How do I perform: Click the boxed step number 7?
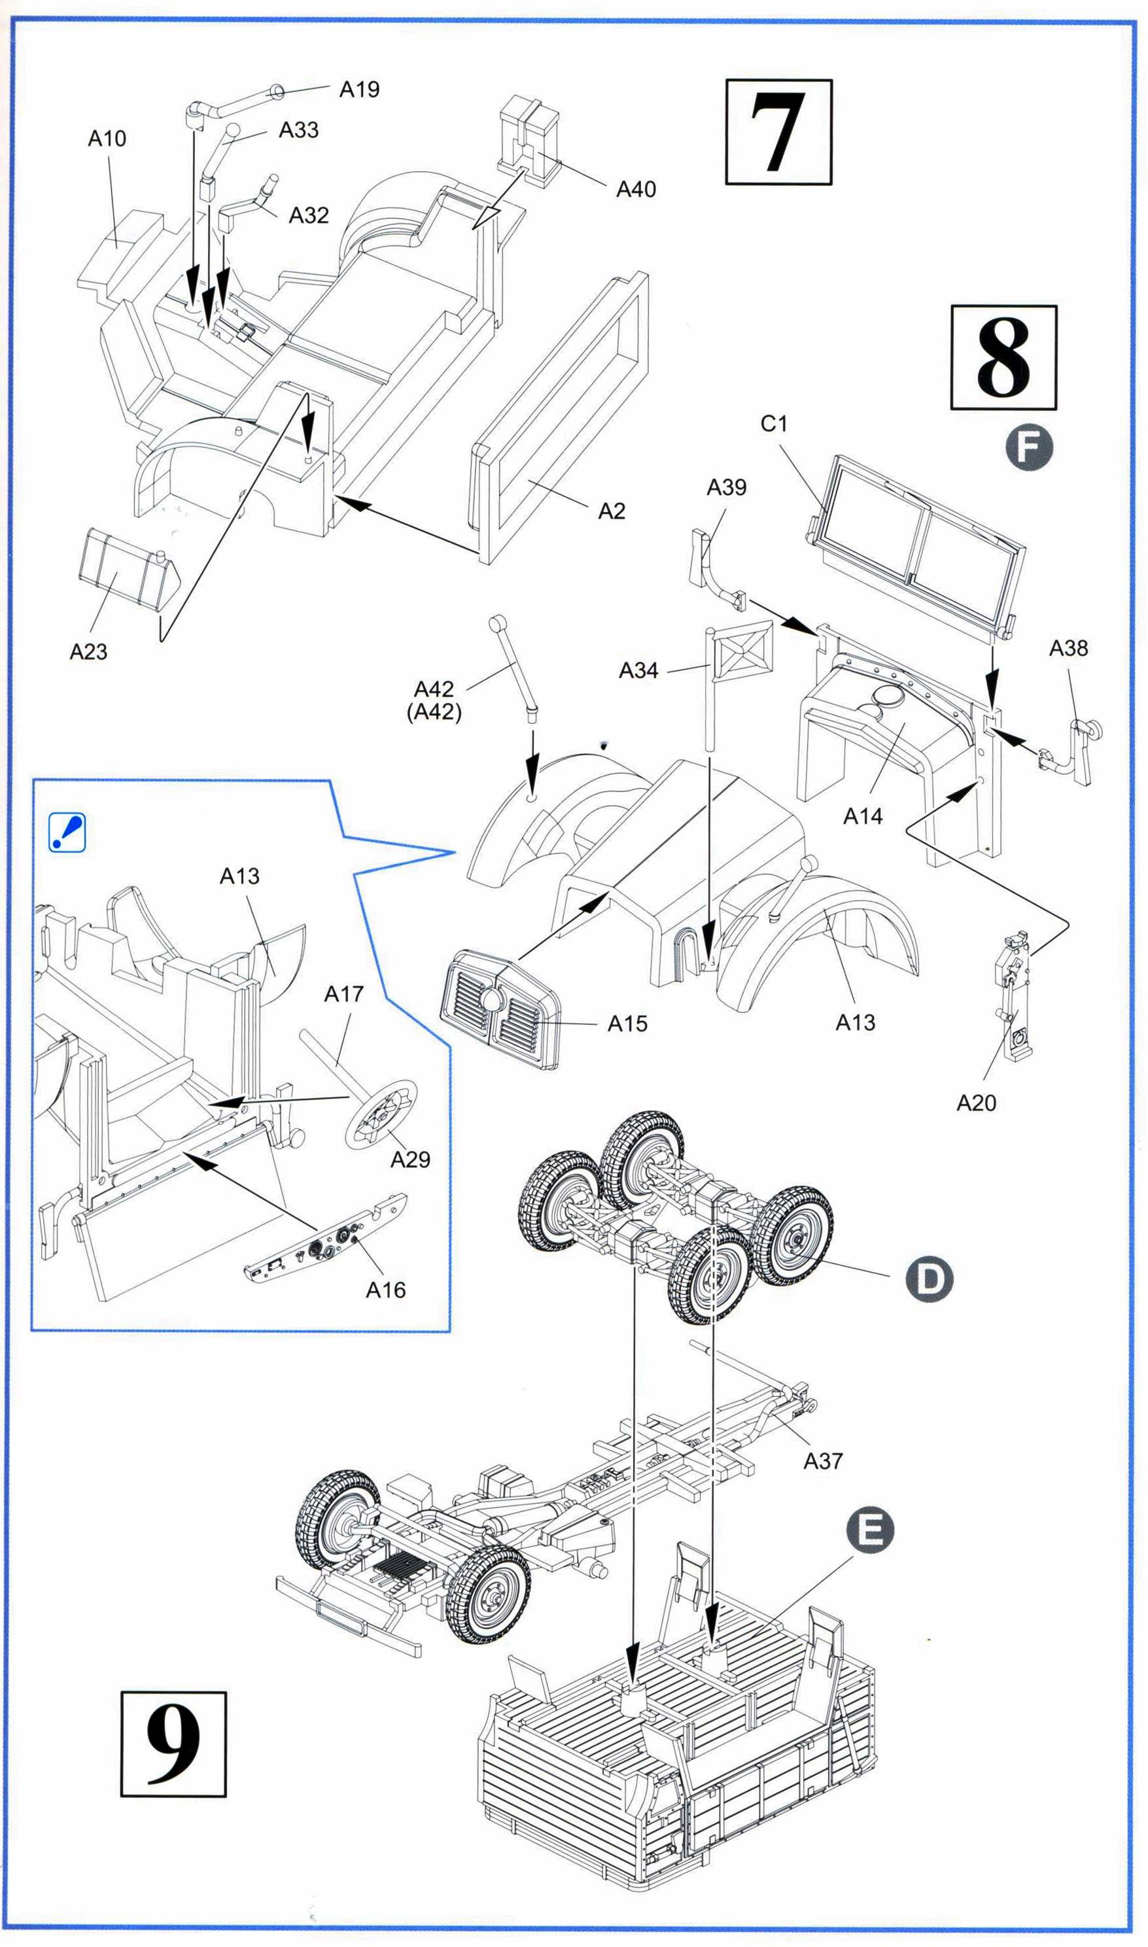click(778, 132)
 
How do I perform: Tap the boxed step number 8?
click(1003, 357)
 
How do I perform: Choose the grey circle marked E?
click(870, 1530)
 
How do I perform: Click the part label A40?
click(636, 190)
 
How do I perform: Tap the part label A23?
click(88, 652)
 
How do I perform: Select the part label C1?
click(774, 424)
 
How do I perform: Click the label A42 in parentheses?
click(434, 712)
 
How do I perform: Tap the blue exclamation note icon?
click(67, 833)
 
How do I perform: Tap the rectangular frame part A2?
click(561, 417)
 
